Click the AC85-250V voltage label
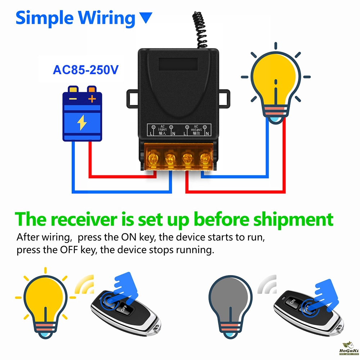(x=85, y=69)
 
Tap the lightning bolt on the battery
(x=82, y=123)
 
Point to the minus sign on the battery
(x=73, y=99)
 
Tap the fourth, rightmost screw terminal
(x=205, y=157)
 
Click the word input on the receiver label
(x=162, y=129)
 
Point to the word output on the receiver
(x=197, y=130)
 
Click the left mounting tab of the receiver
(x=132, y=98)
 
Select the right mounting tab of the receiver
(x=225, y=98)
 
